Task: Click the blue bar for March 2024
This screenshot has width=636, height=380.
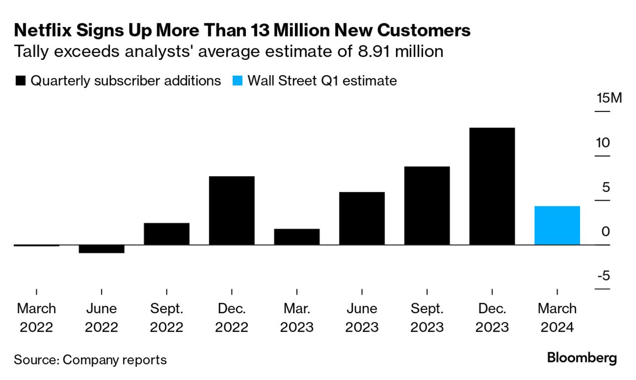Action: coord(557,225)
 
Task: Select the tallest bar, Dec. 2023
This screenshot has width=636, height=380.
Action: coord(492,186)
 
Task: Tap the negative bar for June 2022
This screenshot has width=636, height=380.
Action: coord(101,249)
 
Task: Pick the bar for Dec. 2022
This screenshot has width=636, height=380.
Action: coord(232,210)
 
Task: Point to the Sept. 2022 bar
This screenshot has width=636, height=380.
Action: coord(167,234)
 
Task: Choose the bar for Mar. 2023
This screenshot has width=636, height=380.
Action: coord(296,237)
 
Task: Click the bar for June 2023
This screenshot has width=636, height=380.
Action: coord(362,218)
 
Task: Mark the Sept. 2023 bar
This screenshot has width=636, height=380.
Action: coord(427,205)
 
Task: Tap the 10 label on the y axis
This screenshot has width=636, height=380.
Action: coord(602,142)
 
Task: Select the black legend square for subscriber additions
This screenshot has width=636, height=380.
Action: coord(21,81)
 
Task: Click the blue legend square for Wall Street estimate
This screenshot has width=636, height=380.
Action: coord(238,81)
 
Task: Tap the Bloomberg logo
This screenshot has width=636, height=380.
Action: coord(582,358)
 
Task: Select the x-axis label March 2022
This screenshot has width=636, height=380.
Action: coord(37,317)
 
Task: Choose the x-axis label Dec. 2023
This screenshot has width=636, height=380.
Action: coord(492,317)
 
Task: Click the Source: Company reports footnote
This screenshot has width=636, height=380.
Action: coord(90,359)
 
